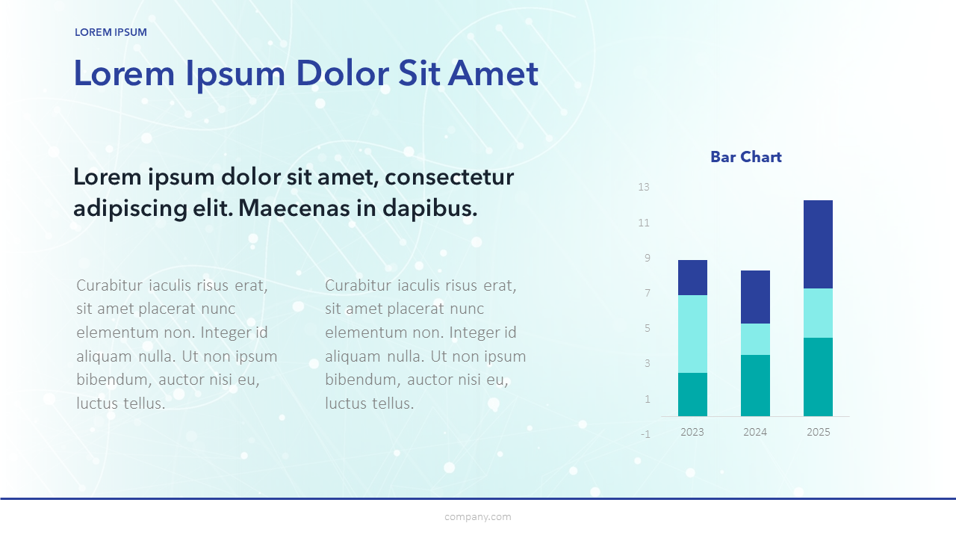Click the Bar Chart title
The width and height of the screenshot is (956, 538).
point(746,157)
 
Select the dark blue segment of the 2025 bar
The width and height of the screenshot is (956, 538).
point(818,244)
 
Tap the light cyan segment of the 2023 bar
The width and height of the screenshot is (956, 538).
point(692,334)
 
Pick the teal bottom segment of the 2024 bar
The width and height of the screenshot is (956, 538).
point(755,386)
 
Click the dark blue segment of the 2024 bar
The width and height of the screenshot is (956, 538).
point(755,297)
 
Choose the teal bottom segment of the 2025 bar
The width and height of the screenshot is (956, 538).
point(818,377)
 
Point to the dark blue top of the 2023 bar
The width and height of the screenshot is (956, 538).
point(692,277)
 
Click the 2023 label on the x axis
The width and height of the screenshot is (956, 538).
point(692,432)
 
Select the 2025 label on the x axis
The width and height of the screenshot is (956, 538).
point(818,432)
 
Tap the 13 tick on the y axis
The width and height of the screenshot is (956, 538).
point(644,187)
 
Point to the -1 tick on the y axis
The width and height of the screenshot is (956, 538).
point(645,434)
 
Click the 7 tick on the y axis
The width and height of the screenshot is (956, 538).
point(648,293)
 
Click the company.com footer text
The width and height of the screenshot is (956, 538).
point(478,517)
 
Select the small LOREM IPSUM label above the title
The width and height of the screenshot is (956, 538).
point(111,32)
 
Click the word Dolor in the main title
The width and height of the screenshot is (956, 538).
point(342,73)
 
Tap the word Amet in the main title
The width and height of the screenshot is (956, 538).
point(494,73)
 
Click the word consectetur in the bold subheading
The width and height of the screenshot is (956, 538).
point(450,177)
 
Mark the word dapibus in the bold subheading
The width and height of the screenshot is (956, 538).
point(429,209)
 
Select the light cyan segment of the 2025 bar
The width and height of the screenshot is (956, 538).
point(818,313)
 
